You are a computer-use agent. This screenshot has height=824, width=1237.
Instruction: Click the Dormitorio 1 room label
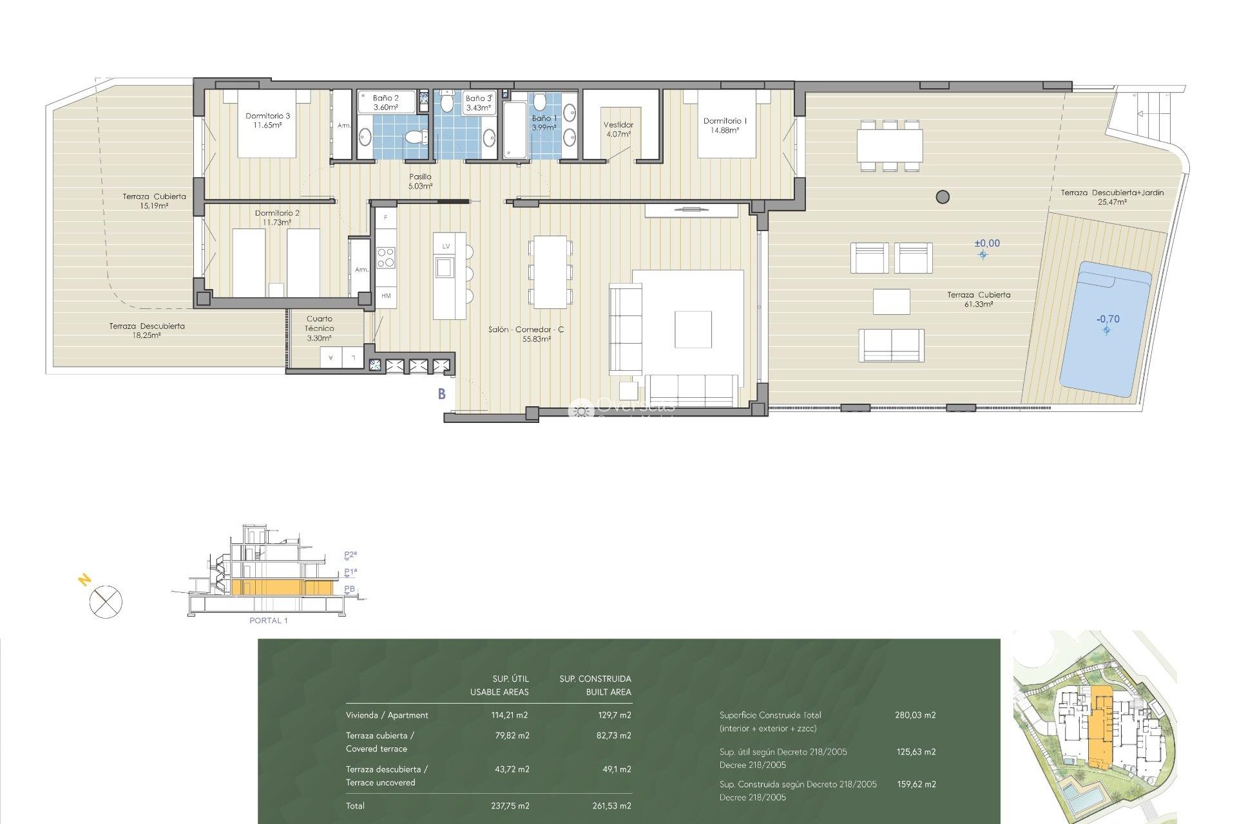tap(725, 125)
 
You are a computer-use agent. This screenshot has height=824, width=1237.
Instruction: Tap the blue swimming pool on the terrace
tap(1106, 328)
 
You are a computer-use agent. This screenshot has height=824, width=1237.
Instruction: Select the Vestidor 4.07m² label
tap(618, 129)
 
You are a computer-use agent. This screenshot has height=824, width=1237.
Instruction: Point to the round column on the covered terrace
tap(943, 197)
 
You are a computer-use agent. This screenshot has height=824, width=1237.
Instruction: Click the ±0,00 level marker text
tap(987, 243)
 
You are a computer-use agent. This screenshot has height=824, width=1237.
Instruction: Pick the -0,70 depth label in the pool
tap(1108, 319)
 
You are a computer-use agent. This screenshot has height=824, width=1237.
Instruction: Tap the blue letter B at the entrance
tap(442, 394)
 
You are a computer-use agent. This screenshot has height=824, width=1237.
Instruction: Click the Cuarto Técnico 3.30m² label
tap(320, 328)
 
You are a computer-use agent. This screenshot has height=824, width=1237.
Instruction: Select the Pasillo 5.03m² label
tap(420, 181)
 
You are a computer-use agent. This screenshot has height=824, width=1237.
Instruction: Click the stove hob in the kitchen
tap(386, 257)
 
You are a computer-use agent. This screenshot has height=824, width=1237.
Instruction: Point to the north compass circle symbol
tap(106, 603)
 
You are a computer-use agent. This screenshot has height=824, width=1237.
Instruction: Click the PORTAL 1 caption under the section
tap(269, 621)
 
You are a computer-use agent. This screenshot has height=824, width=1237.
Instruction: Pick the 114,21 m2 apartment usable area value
tap(510, 715)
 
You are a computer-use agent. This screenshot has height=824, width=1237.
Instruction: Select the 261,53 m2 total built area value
tap(611, 806)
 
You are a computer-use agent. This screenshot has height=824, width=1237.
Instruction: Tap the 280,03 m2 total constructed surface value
tap(915, 715)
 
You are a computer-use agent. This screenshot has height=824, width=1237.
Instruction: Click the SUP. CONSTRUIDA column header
tap(595, 679)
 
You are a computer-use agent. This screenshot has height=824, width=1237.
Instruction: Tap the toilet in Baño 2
tap(416, 136)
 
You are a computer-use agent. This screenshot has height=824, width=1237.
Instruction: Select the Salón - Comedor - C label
tap(526, 333)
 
